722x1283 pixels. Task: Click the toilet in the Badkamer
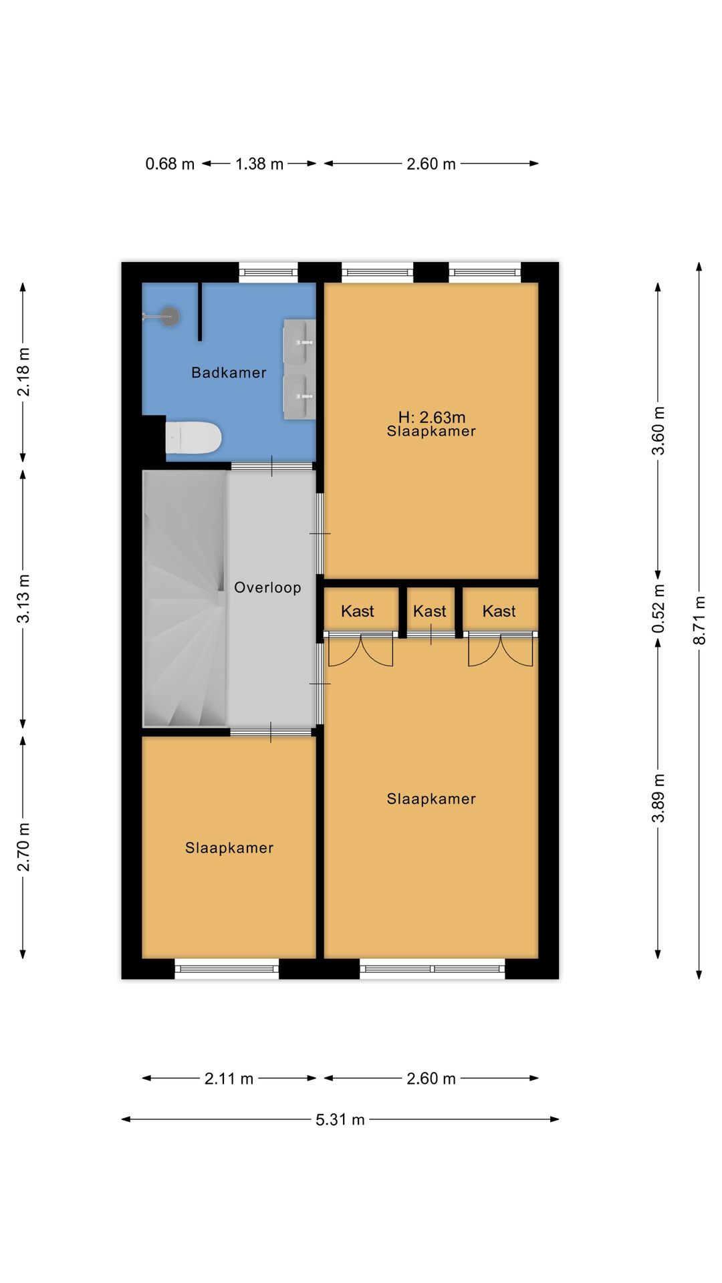[193, 438]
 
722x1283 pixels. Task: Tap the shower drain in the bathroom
[170, 316]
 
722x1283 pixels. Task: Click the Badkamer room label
[229, 373]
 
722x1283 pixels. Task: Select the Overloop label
[267, 587]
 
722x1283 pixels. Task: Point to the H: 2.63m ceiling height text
[432, 418]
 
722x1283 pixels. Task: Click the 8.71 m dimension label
[699, 621]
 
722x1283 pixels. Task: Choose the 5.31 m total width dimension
[340, 1119]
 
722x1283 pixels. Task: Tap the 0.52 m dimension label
[658, 609]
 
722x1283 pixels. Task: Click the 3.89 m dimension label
[658, 799]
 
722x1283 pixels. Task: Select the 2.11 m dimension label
[229, 1079]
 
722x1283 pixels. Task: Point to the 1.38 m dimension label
[259, 164]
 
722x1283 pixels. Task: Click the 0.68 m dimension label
[170, 164]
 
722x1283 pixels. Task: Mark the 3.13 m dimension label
[23, 599]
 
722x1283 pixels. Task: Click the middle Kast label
[429, 611]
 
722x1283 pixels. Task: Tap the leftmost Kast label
[358, 611]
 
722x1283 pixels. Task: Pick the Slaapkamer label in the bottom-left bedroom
[229, 848]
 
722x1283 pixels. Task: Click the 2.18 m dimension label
[23, 372]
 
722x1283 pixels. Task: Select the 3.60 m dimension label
[658, 430]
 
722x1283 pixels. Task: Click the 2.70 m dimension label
[23, 847]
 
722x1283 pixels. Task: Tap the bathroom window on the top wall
[268, 272]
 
